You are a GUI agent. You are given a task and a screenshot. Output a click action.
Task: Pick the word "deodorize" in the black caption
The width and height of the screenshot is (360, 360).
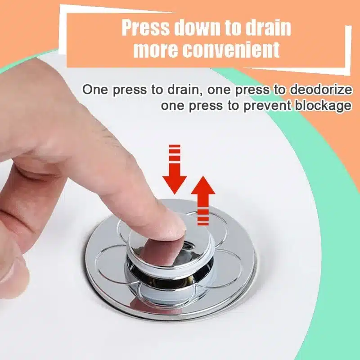320,89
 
